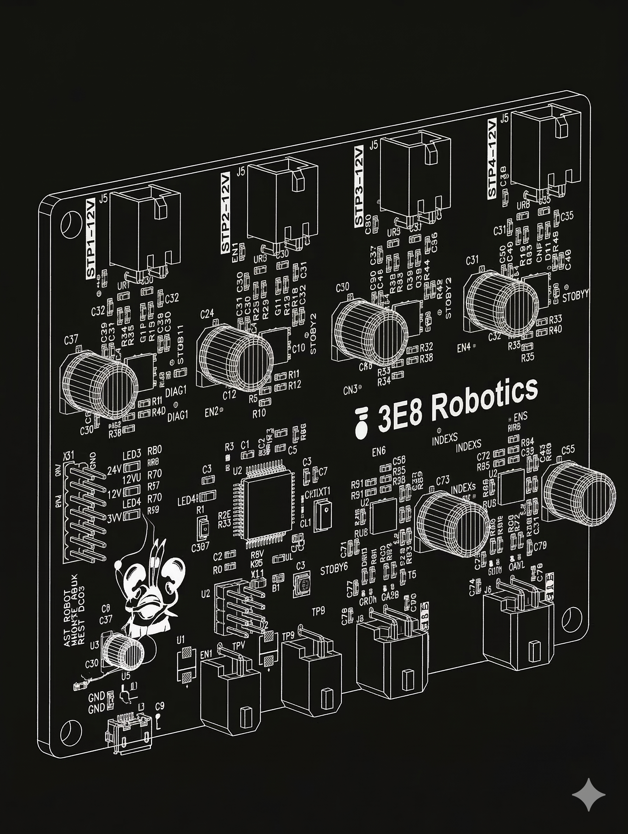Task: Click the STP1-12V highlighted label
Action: pyautogui.click(x=91, y=238)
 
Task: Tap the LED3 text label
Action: pyautogui.click(x=131, y=455)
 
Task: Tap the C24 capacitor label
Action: pyautogui.click(x=207, y=314)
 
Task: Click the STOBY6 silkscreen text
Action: pyautogui.click(x=334, y=570)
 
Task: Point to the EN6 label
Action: pyautogui.click(x=378, y=452)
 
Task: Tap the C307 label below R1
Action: pyautogui.click(x=200, y=548)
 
